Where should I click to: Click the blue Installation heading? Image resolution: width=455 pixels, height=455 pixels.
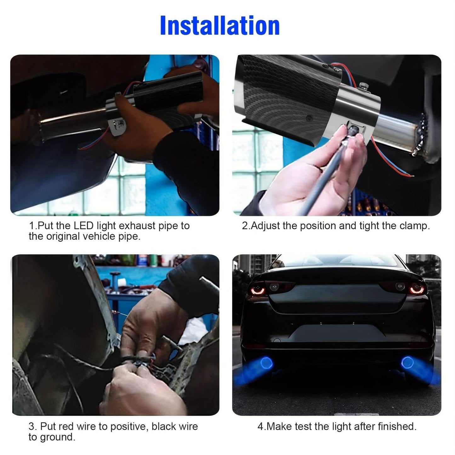[x=220, y=26]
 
